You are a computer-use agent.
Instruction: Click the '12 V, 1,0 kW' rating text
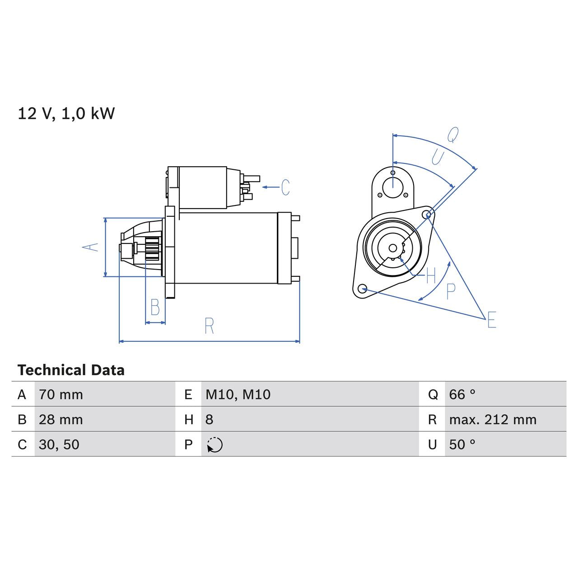pos(66,113)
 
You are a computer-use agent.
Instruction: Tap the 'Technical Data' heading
pos(71,370)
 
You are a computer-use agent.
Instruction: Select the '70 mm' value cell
pos(61,394)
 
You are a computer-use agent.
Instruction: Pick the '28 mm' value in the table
pos(61,420)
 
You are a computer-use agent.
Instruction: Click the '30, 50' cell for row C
pos(59,444)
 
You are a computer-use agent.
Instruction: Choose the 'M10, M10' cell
pos(238,394)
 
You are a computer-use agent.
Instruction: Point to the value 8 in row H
pos(209,420)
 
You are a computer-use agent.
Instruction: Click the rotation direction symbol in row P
pos(215,445)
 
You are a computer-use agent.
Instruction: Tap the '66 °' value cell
pos(462,394)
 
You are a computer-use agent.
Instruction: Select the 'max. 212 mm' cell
pos(493,420)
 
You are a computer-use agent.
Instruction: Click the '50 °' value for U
pos(462,444)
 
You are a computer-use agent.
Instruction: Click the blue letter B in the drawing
pos(155,308)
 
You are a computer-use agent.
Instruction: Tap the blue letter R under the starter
pos(209,326)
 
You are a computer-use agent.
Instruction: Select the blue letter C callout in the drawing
pos(285,187)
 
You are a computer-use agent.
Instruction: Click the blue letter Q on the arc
pos(453,135)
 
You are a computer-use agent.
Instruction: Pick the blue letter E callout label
pos(492,320)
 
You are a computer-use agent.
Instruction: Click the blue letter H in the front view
pos(431,275)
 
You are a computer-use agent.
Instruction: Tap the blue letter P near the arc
pos(451,291)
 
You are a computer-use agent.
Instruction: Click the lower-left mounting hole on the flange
pos(362,289)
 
